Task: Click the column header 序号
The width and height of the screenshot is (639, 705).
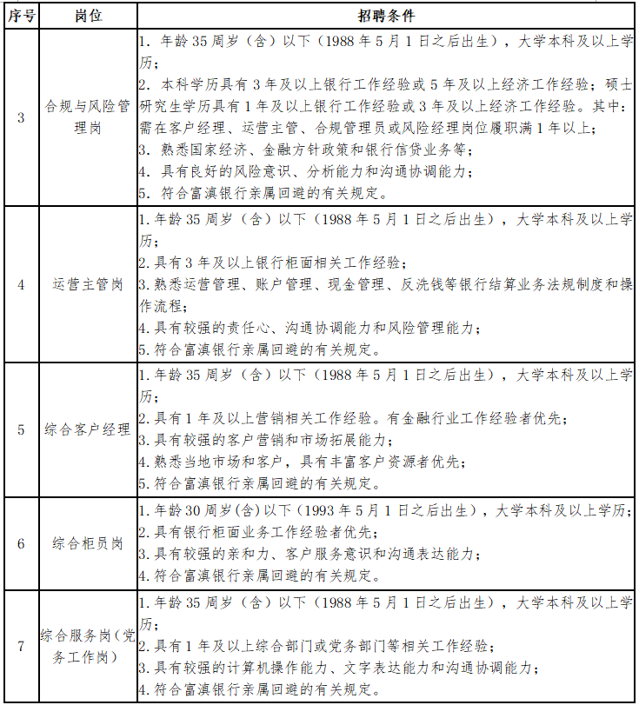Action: [x=21, y=17]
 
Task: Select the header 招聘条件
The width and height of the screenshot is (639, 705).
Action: [x=386, y=17]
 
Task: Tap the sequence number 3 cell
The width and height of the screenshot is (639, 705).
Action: [x=21, y=117]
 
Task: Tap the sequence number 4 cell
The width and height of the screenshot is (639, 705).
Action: [x=21, y=284]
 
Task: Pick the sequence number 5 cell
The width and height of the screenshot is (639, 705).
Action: [x=21, y=429]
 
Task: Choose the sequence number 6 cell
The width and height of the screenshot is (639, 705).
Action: [x=21, y=543]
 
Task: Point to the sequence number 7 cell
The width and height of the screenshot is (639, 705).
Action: [x=21, y=646]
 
